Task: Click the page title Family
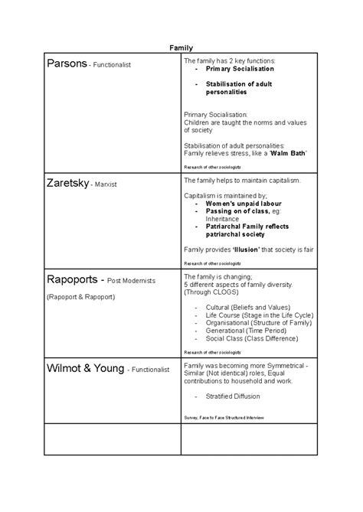coord(181,48)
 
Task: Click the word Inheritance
coord(223,219)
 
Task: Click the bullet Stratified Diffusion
coord(233,396)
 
